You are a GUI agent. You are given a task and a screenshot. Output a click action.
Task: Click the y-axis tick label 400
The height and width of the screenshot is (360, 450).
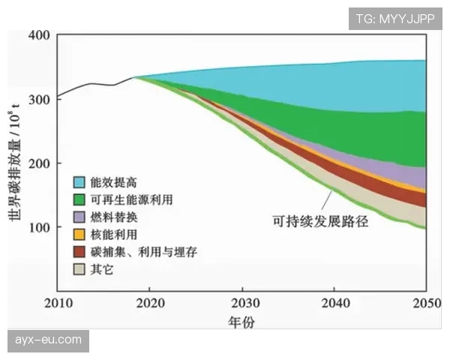pyautogui.click(x=40, y=35)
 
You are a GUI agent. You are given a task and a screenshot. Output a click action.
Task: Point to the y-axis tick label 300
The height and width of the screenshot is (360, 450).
pyautogui.click(x=40, y=99)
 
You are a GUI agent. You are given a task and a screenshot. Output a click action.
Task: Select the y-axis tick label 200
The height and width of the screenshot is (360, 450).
pyautogui.click(x=40, y=163)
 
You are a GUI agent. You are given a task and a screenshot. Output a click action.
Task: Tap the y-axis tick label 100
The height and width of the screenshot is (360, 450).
pyautogui.click(x=40, y=226)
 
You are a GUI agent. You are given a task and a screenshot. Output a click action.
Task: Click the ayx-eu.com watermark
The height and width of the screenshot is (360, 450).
pyautogui.click(x=48, y=340)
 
